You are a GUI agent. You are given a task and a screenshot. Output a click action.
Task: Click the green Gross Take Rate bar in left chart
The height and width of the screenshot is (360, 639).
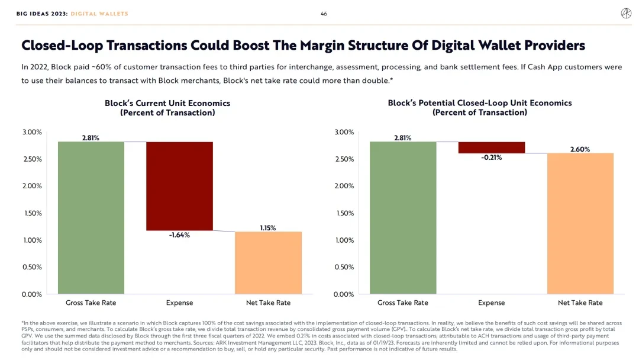(x=91, y=218)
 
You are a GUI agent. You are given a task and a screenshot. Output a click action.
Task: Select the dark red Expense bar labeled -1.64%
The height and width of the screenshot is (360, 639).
(x=179, y=186)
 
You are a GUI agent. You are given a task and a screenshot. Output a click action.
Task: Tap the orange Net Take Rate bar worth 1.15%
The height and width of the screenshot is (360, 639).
(x=268, y=262)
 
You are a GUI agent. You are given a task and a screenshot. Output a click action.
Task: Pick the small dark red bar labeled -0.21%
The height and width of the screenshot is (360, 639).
(x=492, y=147)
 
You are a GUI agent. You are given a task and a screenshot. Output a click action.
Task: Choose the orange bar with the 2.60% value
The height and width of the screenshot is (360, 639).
(x=580, y=223)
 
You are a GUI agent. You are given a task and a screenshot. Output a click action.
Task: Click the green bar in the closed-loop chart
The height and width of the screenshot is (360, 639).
(x=403, y=218)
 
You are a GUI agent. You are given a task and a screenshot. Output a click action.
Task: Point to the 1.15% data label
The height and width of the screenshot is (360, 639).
(x=268, y=227)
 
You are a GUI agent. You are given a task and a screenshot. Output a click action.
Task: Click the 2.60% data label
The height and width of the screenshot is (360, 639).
(x=580, y=149)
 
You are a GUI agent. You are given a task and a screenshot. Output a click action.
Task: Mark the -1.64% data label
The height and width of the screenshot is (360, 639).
(x=179, y=235)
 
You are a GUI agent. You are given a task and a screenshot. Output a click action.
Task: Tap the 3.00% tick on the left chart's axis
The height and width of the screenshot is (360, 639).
(x=32, y=132)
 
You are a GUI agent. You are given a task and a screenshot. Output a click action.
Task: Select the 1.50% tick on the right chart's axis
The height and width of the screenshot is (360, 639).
(x=344, y=213)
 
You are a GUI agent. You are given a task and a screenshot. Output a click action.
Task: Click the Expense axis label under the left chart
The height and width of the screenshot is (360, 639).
(x=179, y=303)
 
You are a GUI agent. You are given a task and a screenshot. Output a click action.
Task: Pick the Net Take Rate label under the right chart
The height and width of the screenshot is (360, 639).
(x=580, y=303)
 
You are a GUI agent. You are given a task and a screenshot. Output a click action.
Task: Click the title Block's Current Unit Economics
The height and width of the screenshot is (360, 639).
(x=167, y=103)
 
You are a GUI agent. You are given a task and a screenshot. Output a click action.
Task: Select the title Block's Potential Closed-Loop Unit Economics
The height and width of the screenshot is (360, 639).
(x=480, y=103)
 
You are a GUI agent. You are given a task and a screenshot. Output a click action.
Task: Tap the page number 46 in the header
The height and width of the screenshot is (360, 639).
(x=324, y=14)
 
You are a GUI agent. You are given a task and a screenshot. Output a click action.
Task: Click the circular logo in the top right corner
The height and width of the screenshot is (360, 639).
(x=625, y=14)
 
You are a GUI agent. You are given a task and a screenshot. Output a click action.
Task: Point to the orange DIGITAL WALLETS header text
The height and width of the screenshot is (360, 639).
(x=99, y=14)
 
